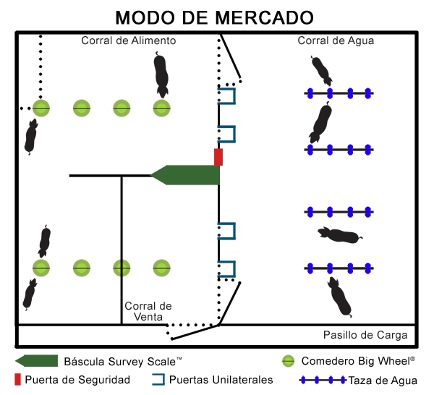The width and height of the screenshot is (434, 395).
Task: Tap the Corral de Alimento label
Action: point(128,41)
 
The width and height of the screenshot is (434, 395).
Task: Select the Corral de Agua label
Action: point(336,41)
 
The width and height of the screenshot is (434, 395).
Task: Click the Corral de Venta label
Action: point(148,311)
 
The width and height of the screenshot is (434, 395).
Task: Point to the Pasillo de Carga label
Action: point(365,335)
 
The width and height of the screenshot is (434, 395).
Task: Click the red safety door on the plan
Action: point(218,157)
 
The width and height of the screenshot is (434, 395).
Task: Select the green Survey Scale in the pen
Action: point(187,175)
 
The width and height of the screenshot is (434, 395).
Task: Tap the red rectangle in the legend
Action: point(17,379)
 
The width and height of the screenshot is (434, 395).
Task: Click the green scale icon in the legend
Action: point(35,360)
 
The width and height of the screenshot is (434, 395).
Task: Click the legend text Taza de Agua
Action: point(383,379)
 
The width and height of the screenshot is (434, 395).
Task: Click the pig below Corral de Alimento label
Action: point(162,74)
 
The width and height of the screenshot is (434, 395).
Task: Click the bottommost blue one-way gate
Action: point(227,269)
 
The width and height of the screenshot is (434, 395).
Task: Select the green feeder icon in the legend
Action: point(288,360)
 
